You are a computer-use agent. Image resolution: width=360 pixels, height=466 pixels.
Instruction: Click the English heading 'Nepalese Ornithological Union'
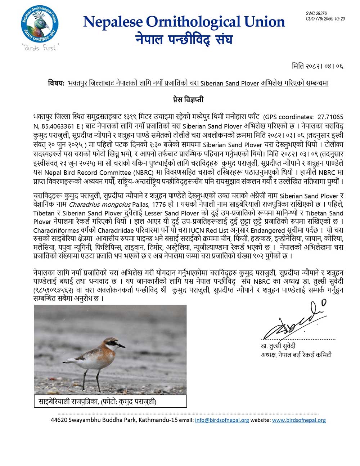click(184, 22)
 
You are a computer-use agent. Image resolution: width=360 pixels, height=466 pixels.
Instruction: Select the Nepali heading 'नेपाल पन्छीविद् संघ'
click(184, 39)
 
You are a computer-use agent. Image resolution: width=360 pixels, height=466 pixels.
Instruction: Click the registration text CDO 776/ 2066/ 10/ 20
click(325, 19)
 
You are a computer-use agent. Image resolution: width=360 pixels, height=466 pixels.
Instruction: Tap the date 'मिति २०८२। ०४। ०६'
click(317, 66)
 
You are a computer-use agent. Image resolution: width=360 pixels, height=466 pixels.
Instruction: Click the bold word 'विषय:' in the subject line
click(56, 83)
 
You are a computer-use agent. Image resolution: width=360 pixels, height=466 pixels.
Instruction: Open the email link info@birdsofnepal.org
click(222, 420)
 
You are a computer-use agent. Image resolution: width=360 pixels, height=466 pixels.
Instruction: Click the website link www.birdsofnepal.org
click(299, 420)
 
